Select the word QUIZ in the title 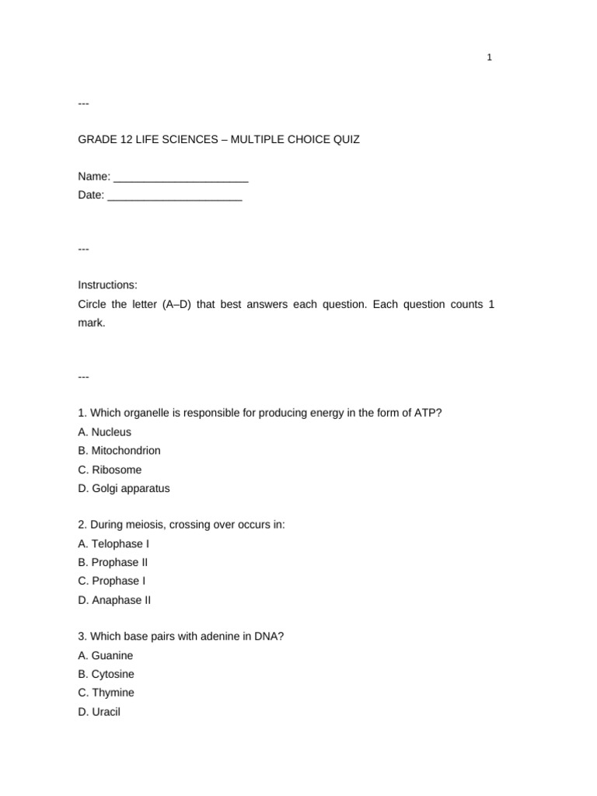pyautogui.click(x=345, y=140)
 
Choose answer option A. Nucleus pyautogui.click(x=105, y=432)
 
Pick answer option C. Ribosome pyautogui.click(x=110, y=470)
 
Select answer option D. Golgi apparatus pyautogui.click(x=124, y=489)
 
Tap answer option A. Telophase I pyautogui.click(x=113, y=544)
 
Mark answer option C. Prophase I pyautogui.click(x=112, y=581)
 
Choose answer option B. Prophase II pyautogui.click(x=113, y=563)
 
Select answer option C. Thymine pyautogui.click(x=106, y=693)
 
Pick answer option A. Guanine pyautogui.click(x=106, y=655)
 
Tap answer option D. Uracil pyautogui.click(x=99, y=712)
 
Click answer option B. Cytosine pyautogui.click(x=106, y=674)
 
